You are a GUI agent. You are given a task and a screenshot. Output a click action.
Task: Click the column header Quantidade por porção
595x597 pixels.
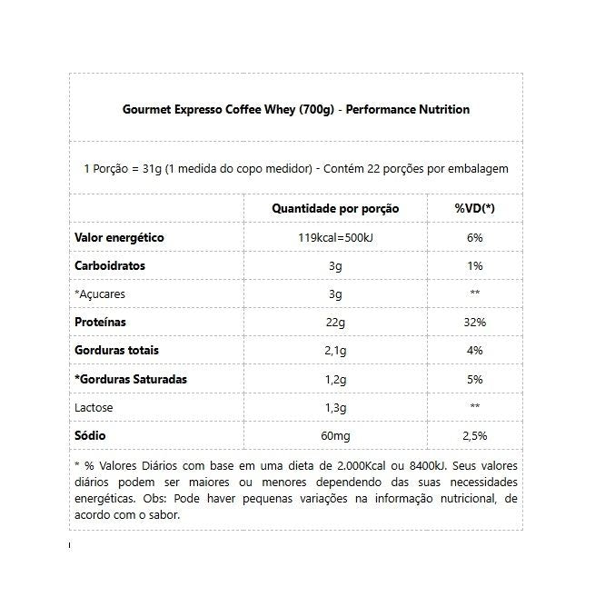click(335, 209)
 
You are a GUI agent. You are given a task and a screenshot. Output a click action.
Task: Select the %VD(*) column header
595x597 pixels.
click(474, 209)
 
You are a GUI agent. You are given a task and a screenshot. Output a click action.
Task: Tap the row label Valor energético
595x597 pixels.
click(119, 238)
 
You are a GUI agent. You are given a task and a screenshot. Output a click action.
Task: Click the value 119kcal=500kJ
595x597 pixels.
click(335, 238)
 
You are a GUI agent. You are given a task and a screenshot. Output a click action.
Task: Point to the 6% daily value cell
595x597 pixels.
click(474, 238)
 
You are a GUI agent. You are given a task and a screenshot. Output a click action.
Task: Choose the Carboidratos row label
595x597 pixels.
click(110, 266)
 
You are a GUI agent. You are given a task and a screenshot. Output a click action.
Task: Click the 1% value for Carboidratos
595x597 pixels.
click(474, 266)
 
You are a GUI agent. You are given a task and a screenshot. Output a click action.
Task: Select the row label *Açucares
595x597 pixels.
click(100, 294)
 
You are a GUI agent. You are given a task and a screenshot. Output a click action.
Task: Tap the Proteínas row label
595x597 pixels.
click(101, 323)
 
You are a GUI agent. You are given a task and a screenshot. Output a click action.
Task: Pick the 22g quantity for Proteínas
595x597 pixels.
click(335, 323)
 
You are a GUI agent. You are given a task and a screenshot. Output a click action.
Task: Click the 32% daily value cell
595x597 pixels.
click(474, 323)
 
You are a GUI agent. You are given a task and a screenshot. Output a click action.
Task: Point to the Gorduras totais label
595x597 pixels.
click(116, 351)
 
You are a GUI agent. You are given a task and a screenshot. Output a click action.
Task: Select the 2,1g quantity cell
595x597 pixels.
click(335, 351)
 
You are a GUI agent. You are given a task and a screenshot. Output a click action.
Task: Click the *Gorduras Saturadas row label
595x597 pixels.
click(131, 379)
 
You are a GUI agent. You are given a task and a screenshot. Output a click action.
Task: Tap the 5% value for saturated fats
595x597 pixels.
click(474, 379)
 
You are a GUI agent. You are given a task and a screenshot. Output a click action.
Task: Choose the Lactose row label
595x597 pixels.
click(94, 407)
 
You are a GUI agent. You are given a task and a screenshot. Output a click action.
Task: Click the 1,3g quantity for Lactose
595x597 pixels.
click(335, 407)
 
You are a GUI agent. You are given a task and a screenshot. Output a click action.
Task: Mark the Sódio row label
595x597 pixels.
click(91, 436)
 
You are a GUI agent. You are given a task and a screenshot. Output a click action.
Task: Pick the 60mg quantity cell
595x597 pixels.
click(335, 436)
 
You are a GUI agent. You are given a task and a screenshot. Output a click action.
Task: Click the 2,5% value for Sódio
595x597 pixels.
click(474, 436)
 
